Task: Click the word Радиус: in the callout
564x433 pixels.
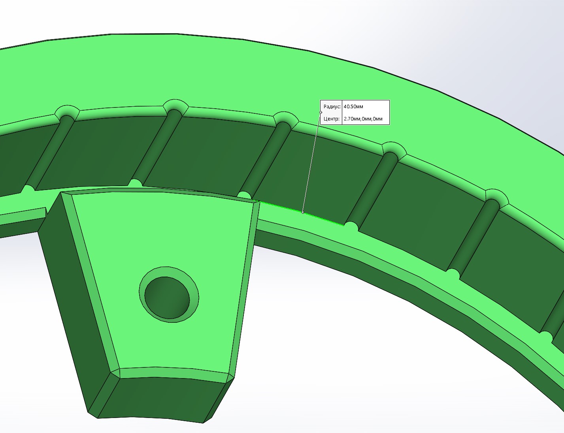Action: click(x=332, y=107)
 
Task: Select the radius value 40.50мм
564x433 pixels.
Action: click(x=353, y=107)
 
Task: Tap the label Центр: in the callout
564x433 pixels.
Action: click(x=332, y=119)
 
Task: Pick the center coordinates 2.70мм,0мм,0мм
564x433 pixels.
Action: click(x=363, y=119)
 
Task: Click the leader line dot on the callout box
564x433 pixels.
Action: click(x=321, y=112)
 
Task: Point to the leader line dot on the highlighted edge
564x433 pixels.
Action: click(x=303, y=213)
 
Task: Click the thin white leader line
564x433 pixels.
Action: click(x=312, y=162)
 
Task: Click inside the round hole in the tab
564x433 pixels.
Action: click(x=167, y=297)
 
